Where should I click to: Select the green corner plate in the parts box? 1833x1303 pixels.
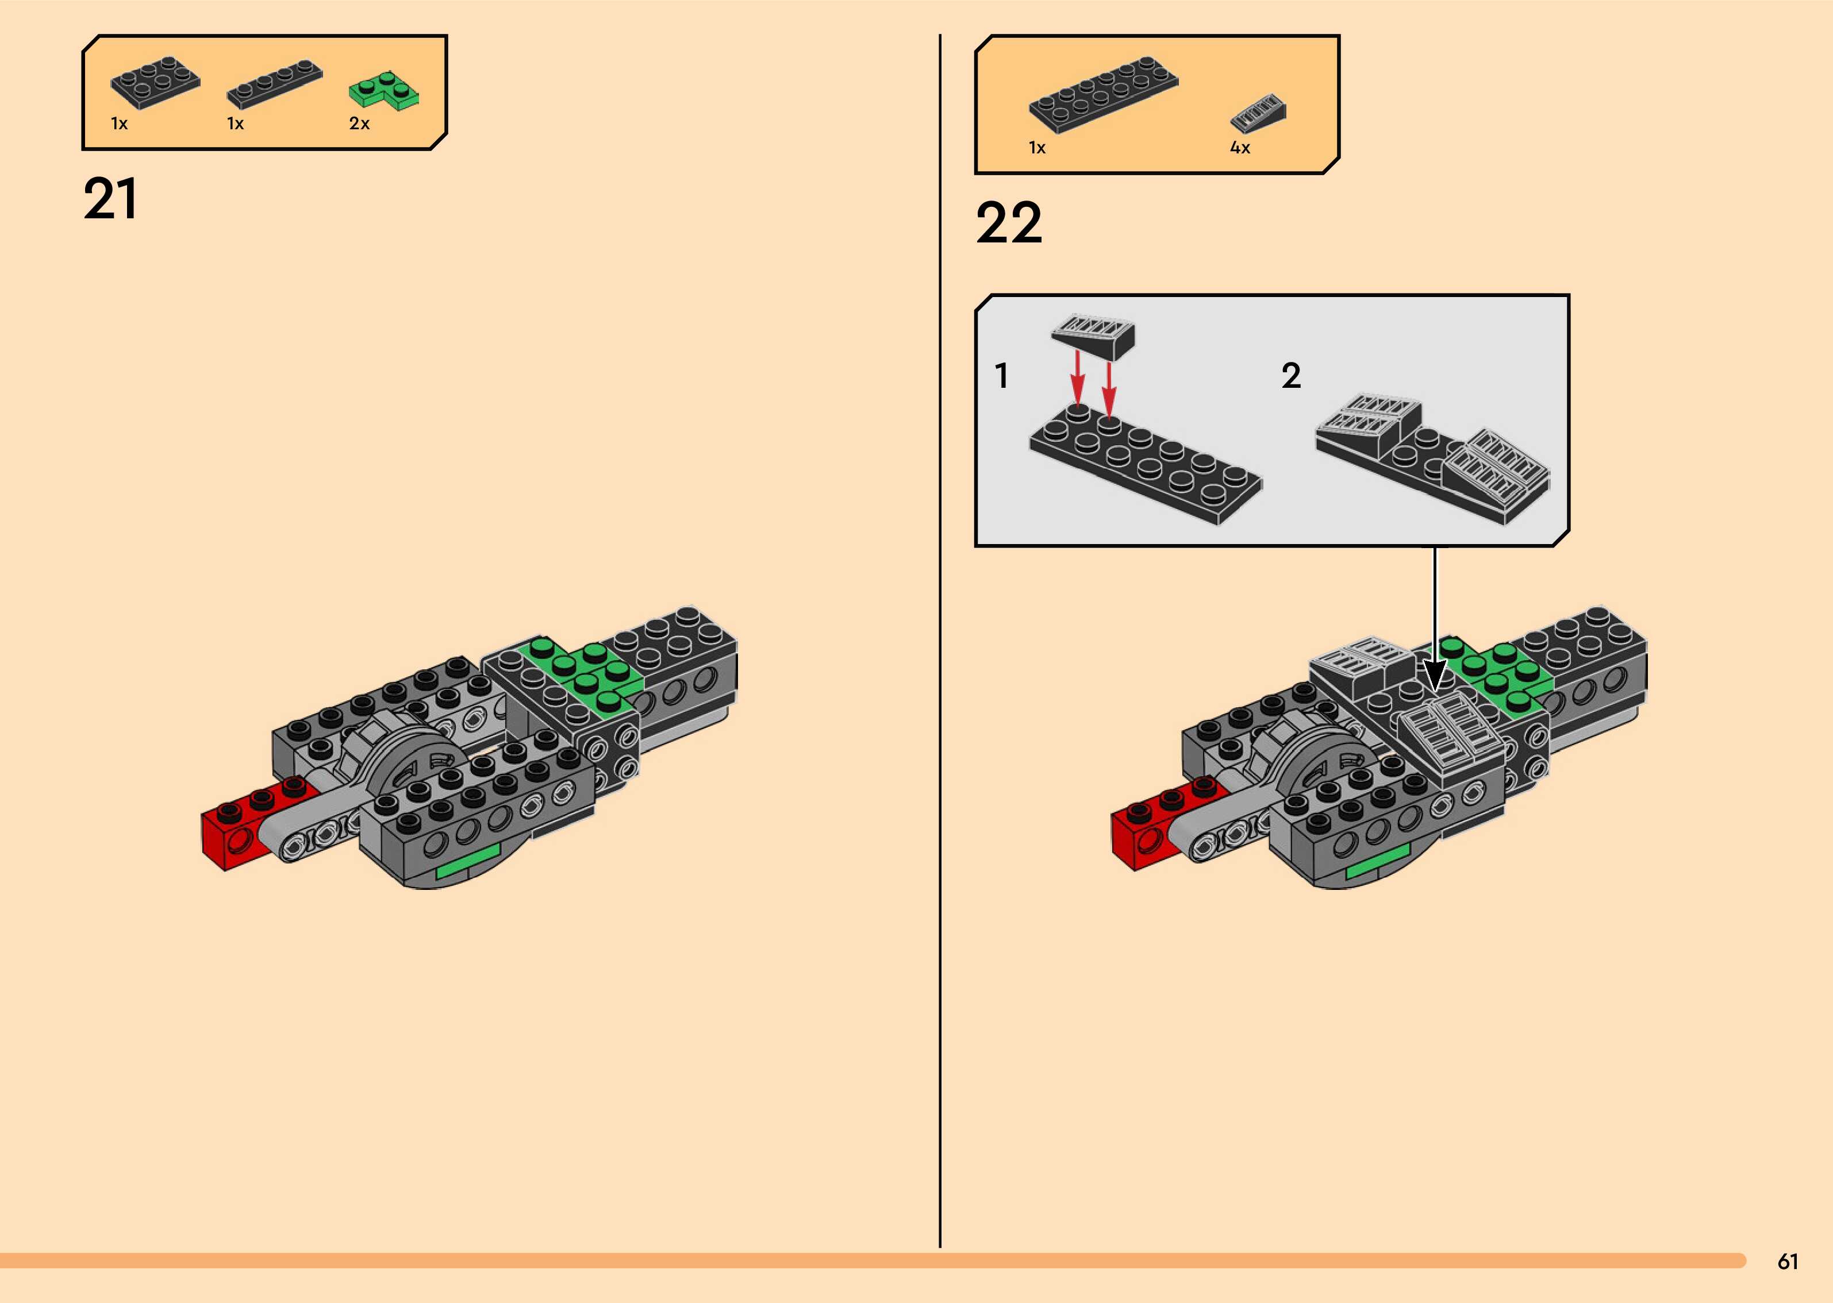383,91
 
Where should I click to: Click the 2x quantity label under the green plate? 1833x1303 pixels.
359,124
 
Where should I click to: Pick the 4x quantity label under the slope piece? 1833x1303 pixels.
1240,148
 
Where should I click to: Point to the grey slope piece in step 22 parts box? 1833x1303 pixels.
1258,114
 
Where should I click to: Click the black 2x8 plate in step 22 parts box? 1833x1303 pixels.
1104,93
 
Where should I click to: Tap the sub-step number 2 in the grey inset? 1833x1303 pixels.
1290,376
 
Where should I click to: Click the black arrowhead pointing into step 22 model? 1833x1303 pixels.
1435,674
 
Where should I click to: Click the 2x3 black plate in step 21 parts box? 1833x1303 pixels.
155,82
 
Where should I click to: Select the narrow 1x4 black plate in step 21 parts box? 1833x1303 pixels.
275,83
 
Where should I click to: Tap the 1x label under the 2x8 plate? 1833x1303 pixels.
1037,148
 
